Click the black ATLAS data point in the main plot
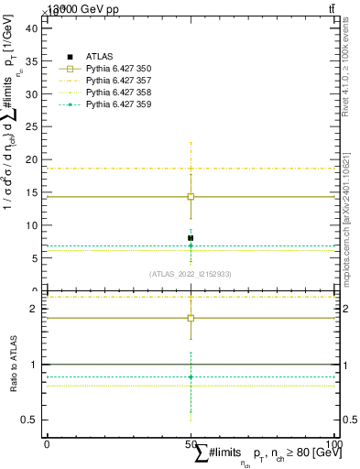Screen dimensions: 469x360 pos(191,238)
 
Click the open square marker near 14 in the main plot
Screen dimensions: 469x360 pos(191,196)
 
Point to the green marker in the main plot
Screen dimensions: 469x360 pos(191,245)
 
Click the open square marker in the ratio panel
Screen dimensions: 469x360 pos(191,318)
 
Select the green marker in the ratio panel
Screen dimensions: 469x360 pos(191,376)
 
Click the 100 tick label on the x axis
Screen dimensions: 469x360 pos(333,443)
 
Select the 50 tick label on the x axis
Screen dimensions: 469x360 pos(191,443)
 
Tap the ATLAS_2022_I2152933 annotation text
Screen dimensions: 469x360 pos(191,274)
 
